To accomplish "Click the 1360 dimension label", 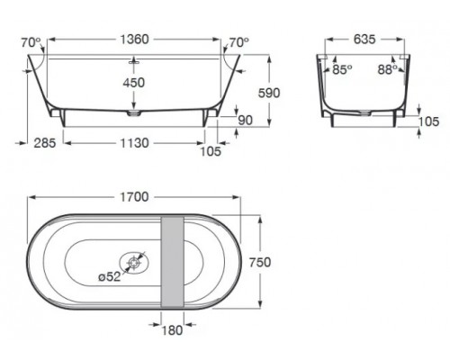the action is tap(134, 40).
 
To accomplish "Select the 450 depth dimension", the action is tap(134, 83).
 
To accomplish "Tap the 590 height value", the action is tap(269, 93).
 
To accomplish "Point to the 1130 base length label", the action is tap(134, 143).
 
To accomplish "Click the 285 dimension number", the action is tap(45, 143).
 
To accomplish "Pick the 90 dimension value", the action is tap(246, 121).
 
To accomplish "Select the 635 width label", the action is tap(364, 40).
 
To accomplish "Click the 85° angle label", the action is tap(342, 69).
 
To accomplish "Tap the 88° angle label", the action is tap(388, 69).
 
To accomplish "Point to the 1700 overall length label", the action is tap(134, 197).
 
